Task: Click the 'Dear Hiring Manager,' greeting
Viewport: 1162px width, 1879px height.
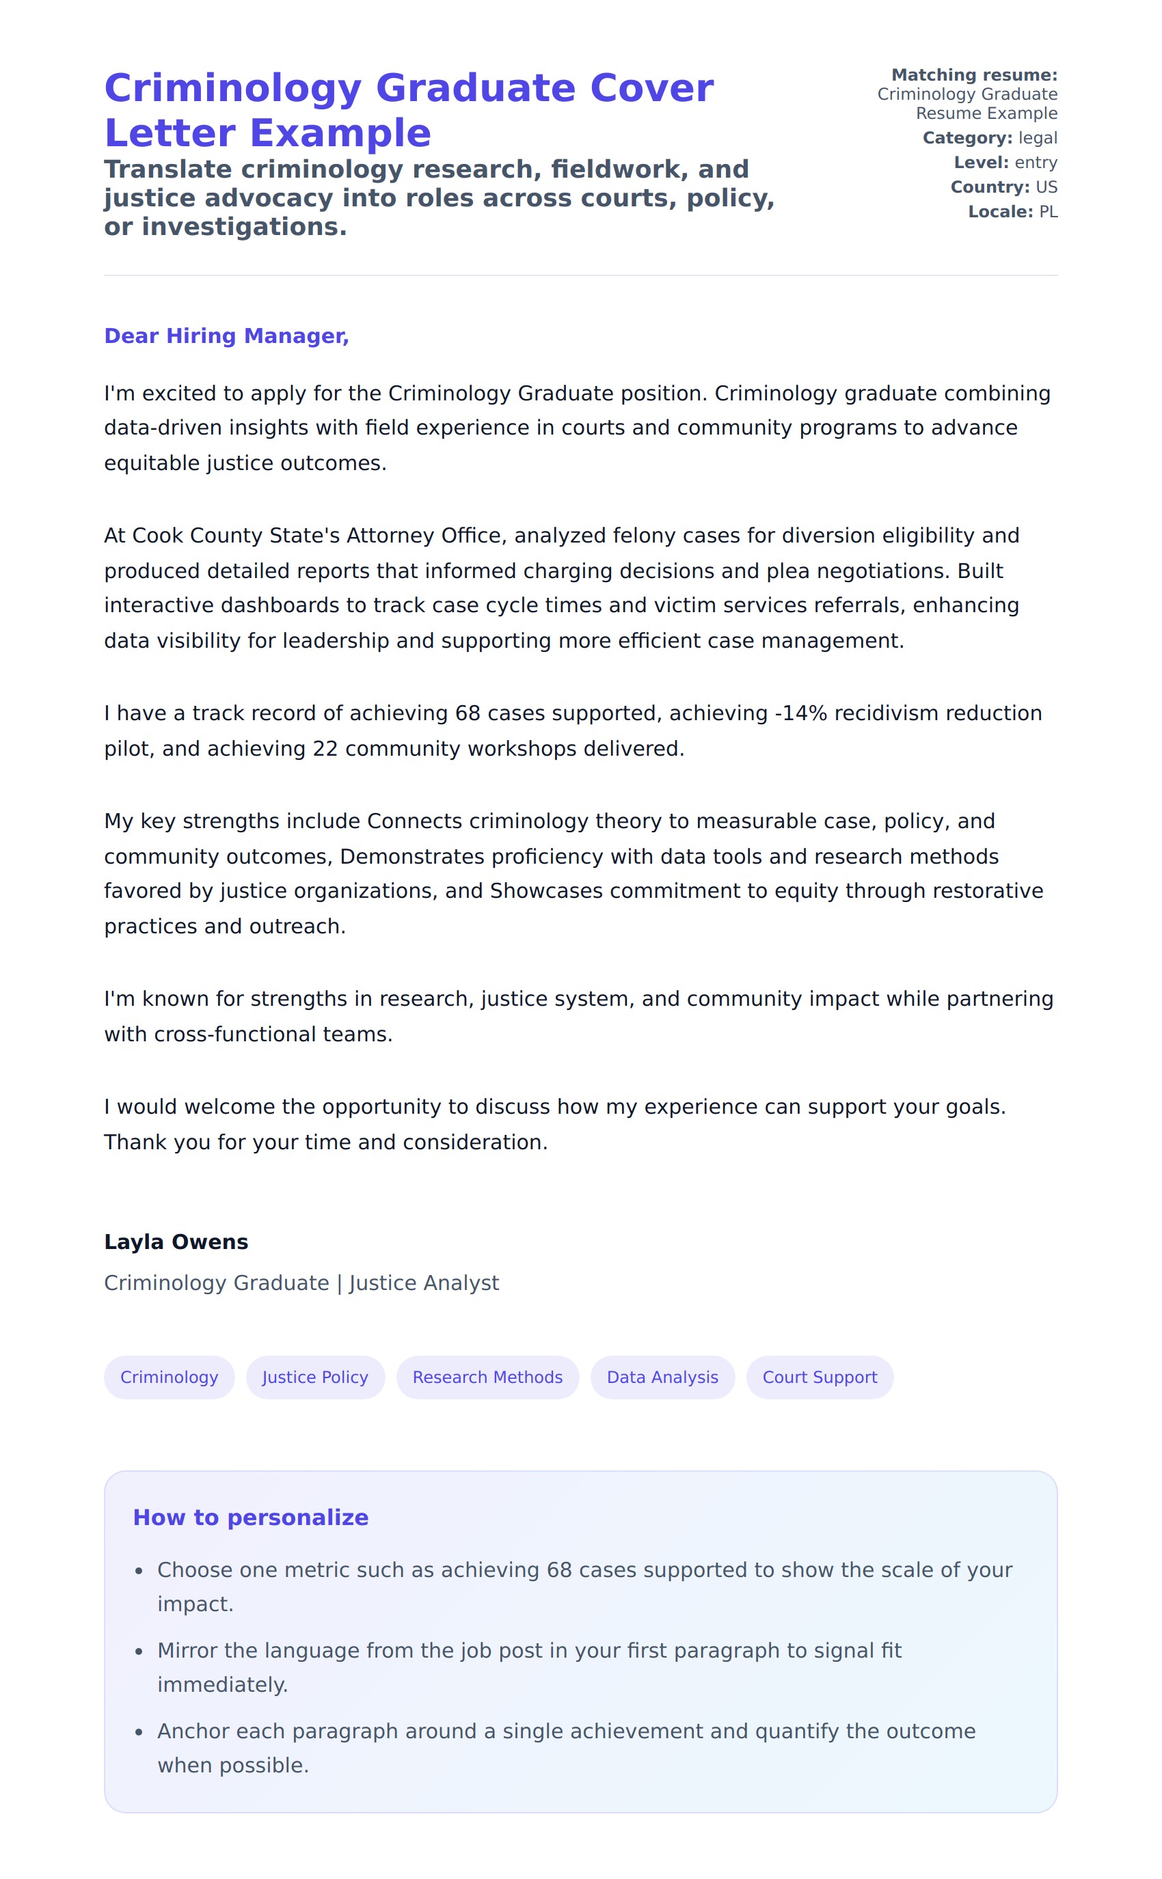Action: pos(227,335)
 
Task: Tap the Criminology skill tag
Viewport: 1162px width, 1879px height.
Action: pos(169,1377)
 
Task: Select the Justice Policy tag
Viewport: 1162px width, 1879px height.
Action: pos(315,1377)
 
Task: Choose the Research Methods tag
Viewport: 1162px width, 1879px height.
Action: pos(487,1377)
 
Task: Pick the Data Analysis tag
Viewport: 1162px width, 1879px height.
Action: pos(662,1377)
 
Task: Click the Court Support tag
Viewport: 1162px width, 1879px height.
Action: pos(820,1377)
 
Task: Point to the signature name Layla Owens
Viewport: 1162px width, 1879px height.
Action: pos(176,1242)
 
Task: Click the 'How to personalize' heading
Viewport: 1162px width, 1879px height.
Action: pos(251,1517)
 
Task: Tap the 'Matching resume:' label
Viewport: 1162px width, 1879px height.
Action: pos(974,75)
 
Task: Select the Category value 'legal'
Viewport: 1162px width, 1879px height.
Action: pos(1038,138)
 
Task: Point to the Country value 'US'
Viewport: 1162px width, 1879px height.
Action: pos(1046,187)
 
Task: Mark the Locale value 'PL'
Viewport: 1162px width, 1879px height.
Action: pos(1049,212)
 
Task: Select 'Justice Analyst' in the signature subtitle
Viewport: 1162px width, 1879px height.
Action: pos(424,1283)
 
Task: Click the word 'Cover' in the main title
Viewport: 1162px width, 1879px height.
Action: pos(651,87)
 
